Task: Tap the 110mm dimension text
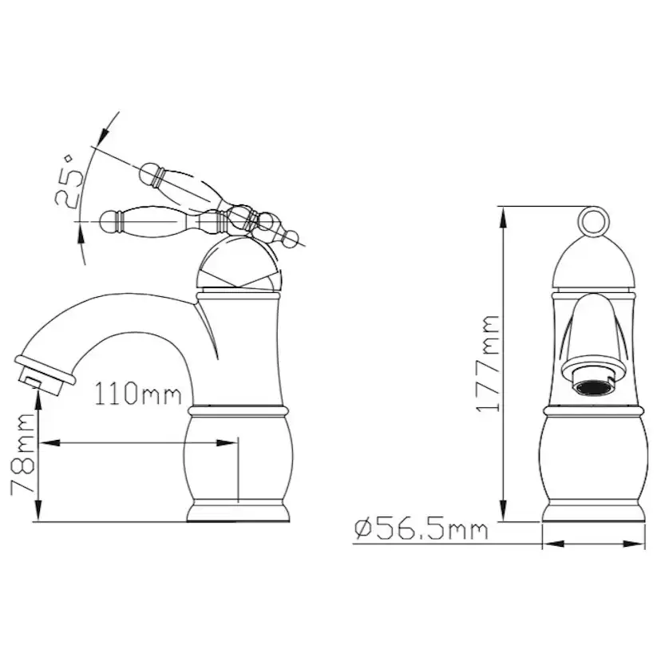(138, 394)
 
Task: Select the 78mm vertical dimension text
(22, 453)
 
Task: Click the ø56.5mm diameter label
(422, 530)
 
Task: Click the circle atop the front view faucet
(594, 221)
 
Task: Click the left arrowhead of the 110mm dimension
(49, 442)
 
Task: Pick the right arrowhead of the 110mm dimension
(227, 442)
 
